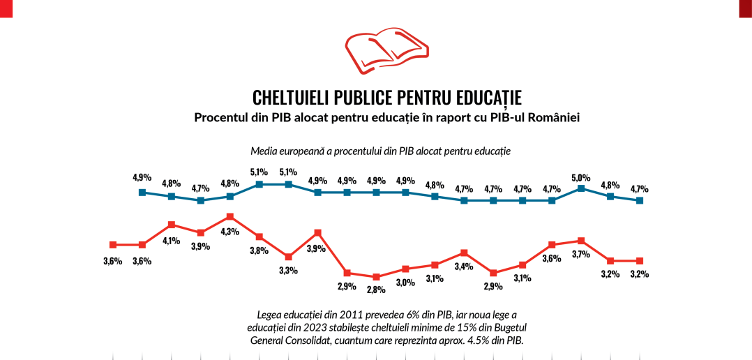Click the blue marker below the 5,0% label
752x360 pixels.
pyautogui.click(x=581, y=188)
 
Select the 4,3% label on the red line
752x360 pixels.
pyautogui.click(x=230, y=232)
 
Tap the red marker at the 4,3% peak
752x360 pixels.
pyautogui.click(x=230, y=217)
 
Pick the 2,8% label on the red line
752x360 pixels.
pyautogui.click(x=376, y=290)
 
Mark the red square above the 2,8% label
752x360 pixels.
pyautogui.click(x=376, y=277)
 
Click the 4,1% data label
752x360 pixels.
pyautogui.click(x=171, y=241)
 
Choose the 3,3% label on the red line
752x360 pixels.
pyautogui.click(x=288, y=270)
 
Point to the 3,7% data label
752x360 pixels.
pyautogui.click(x=580, y=255)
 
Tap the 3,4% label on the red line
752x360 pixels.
pyautogui.click(x=464, y=266)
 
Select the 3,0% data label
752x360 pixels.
pyautogui.click(x=405, y=282)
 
